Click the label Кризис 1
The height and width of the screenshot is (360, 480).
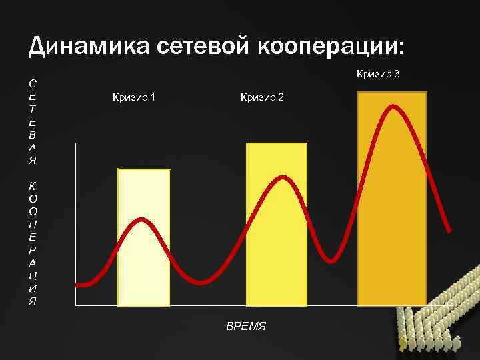(134, 97)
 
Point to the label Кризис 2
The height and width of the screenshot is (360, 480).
(262, 97)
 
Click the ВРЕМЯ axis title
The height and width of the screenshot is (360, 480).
(246, 326)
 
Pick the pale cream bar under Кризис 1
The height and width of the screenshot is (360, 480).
(143, 267)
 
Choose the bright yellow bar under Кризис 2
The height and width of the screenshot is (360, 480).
(277, 267)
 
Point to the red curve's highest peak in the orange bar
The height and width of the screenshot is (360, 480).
(395, 106)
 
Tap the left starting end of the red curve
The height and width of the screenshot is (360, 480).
(78, 285)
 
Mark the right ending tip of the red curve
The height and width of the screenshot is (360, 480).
(449, 231)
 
